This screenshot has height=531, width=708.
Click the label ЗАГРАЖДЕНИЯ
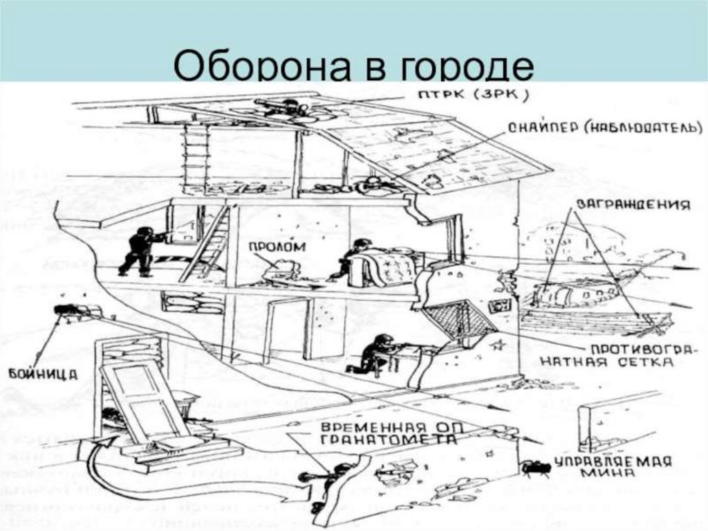629,206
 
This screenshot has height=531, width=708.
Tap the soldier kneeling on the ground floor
374,353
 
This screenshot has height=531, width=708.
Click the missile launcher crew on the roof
283,108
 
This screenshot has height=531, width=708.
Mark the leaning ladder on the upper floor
207,242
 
